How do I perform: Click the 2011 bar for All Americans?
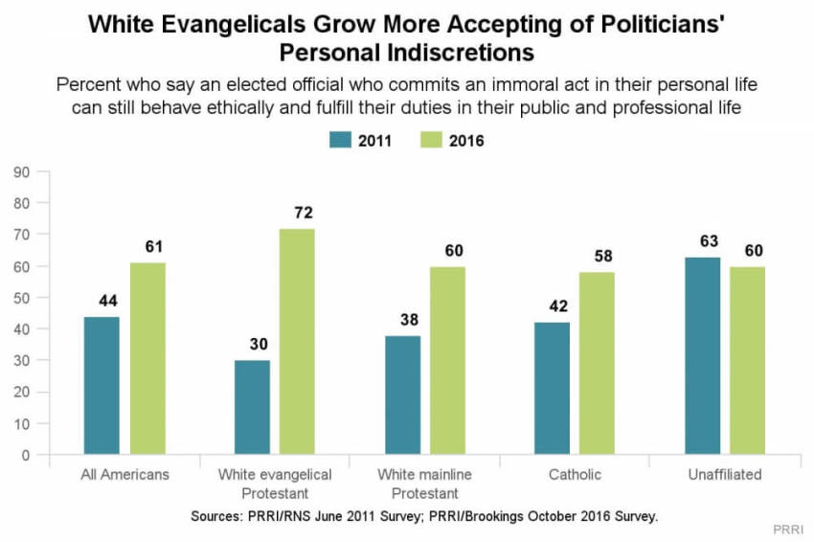[x=102, y=385]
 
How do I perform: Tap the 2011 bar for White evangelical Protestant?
[x=253, y=407]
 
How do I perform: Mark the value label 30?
[x=253, y=344]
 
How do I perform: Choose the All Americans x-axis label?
[x=125, y=475]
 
